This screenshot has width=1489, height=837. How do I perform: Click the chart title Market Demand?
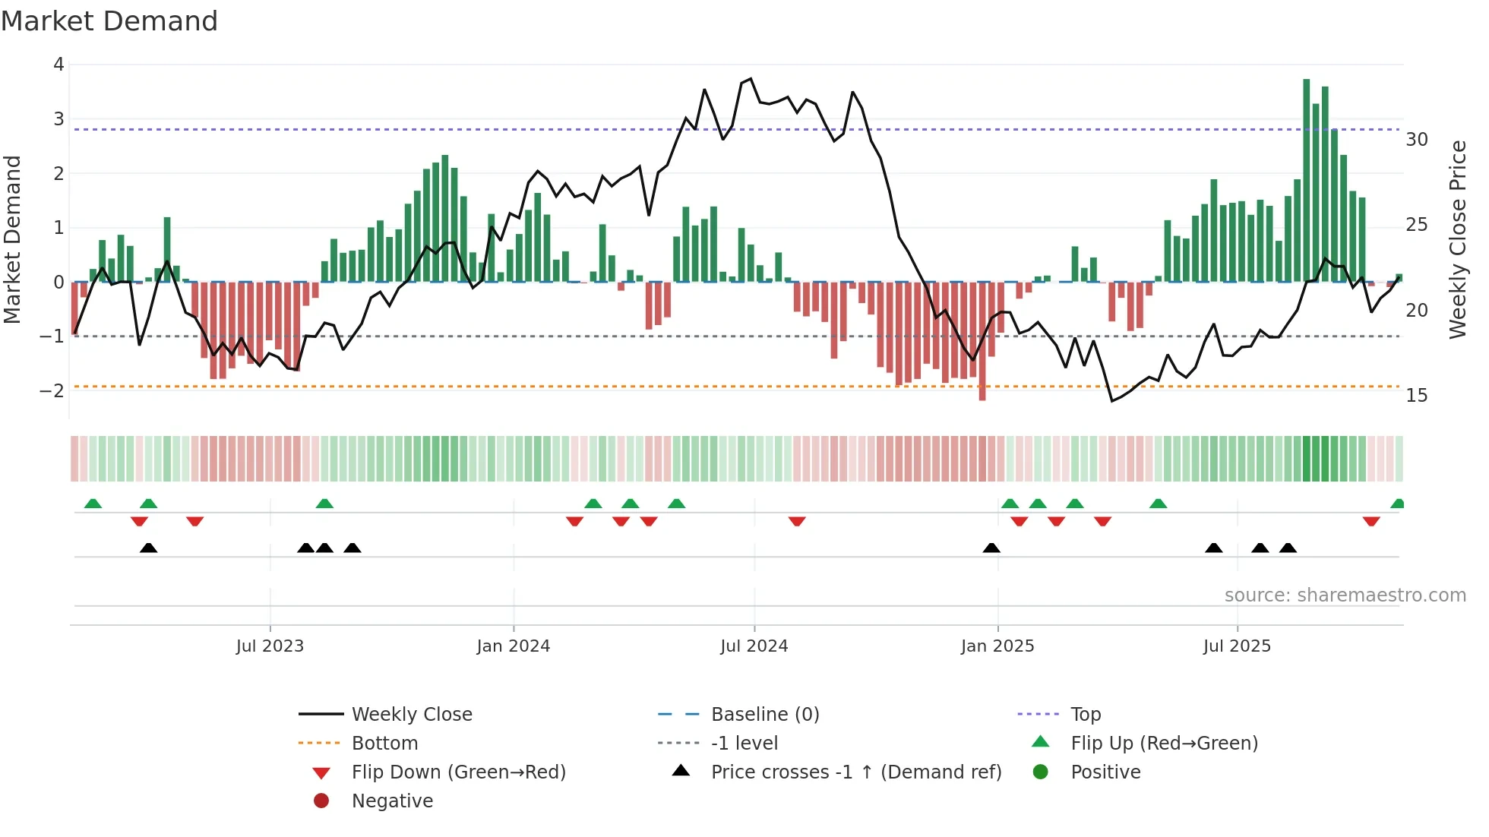(x=109, y=21)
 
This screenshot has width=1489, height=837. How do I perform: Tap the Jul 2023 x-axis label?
(x=270, y=646)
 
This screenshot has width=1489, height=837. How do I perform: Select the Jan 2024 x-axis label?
(x=514, y=646)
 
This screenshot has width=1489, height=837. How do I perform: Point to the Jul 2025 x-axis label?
(x=1237, y=646)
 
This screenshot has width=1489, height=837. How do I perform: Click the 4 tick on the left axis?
(x=58, y=65)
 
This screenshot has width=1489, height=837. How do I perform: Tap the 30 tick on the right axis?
(x=1417, y=140)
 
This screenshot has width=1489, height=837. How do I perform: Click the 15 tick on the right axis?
(x=1417, y=396)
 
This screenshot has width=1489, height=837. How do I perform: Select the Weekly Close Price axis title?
(x=1458, y=239)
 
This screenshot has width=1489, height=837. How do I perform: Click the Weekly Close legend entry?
(x=412, y=715)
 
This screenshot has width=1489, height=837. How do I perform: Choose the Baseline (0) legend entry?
(x=765, y=715)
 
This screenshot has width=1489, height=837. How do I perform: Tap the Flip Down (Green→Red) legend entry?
(x=458, y=772)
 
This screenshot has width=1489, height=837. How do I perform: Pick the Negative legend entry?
(x=392, y=801)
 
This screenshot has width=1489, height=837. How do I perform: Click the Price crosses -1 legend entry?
(x=855, y=772)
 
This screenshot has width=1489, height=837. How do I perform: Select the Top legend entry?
(x=1086, y=715)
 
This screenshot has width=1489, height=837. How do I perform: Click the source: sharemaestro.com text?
(x=1345, y=595)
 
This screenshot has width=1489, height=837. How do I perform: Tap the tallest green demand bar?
(x=1307, y=180)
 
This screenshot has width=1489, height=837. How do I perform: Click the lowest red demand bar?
(x=982, y=342)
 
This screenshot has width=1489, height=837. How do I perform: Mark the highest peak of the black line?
(x=751, y=79)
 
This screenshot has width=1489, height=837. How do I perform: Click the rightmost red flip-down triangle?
(x=1371, y=521)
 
